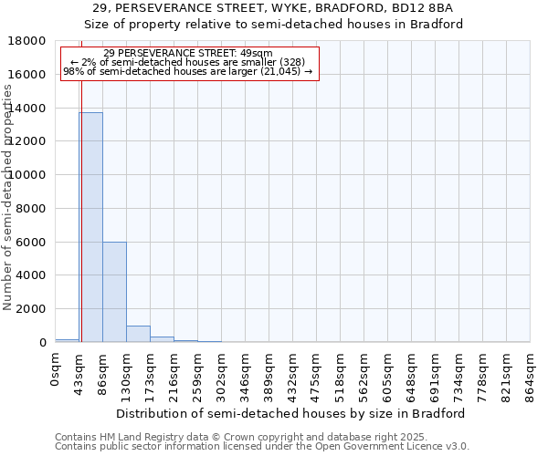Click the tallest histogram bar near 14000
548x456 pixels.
click(x=90, y=227)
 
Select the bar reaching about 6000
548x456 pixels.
click(x=114, y=292)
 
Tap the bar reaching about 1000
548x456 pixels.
click(x=138, y=334)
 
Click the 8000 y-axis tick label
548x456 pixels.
click(x=33, y=208)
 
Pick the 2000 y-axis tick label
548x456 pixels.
click(x=33, y=309)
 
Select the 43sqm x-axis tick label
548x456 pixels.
click(x=79, y=369)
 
